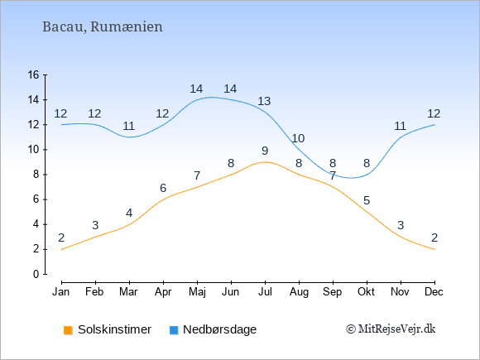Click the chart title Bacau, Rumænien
[x=103, y=26]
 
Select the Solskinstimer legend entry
[x=108, y=329]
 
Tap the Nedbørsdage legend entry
[x=213, y=329]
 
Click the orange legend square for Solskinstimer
[x=68, y=330]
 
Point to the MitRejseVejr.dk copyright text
[x=391, y=329]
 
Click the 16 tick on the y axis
[x=33, y=74]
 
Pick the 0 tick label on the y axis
[x=36, y=274]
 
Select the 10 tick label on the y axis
[x=33, y=150]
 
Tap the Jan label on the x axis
[x=61, y=292]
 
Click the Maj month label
[x=197, y=292]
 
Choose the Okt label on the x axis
[x=366, y=292]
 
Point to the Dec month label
[x=434, y=292]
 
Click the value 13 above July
[x=264, y=101]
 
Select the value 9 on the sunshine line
[x=265, y=151]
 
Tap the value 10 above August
[x=298, y=138]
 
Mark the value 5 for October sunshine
[x=367, y=200]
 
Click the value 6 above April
[x=163, y=188]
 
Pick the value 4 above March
[x=129, y=213]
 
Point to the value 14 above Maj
[x=196, y=89]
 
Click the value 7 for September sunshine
[x=333, y=175]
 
